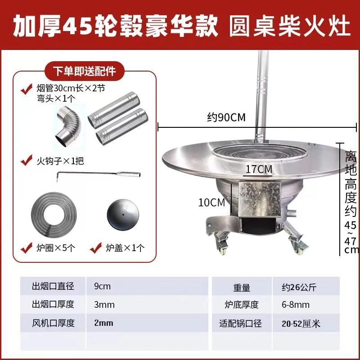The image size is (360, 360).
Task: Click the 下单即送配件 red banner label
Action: point(85,71)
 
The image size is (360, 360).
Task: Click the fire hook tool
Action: point(98,175)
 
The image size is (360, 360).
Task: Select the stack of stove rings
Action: point(54,216)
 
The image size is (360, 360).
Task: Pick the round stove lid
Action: point(123,215)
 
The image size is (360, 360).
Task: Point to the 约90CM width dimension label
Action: point(226,117)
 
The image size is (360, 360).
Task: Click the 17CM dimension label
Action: point(259,170)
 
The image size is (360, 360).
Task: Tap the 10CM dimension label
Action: point(211,202)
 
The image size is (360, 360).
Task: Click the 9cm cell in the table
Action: point(103,286)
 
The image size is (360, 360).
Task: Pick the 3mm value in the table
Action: point(104,305)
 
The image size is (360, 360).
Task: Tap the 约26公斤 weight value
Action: point(299,287)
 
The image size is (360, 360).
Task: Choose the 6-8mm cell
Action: point(296,305)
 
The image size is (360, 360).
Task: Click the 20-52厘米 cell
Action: point(301,324)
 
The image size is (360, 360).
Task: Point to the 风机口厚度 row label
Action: point(53,323)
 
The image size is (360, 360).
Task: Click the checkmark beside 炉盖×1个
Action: point(96,247)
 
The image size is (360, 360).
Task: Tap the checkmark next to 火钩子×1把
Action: point(26,160)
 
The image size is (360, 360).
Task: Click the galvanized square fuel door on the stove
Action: point(260,199)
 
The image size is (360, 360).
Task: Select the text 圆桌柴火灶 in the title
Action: point(290,25)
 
